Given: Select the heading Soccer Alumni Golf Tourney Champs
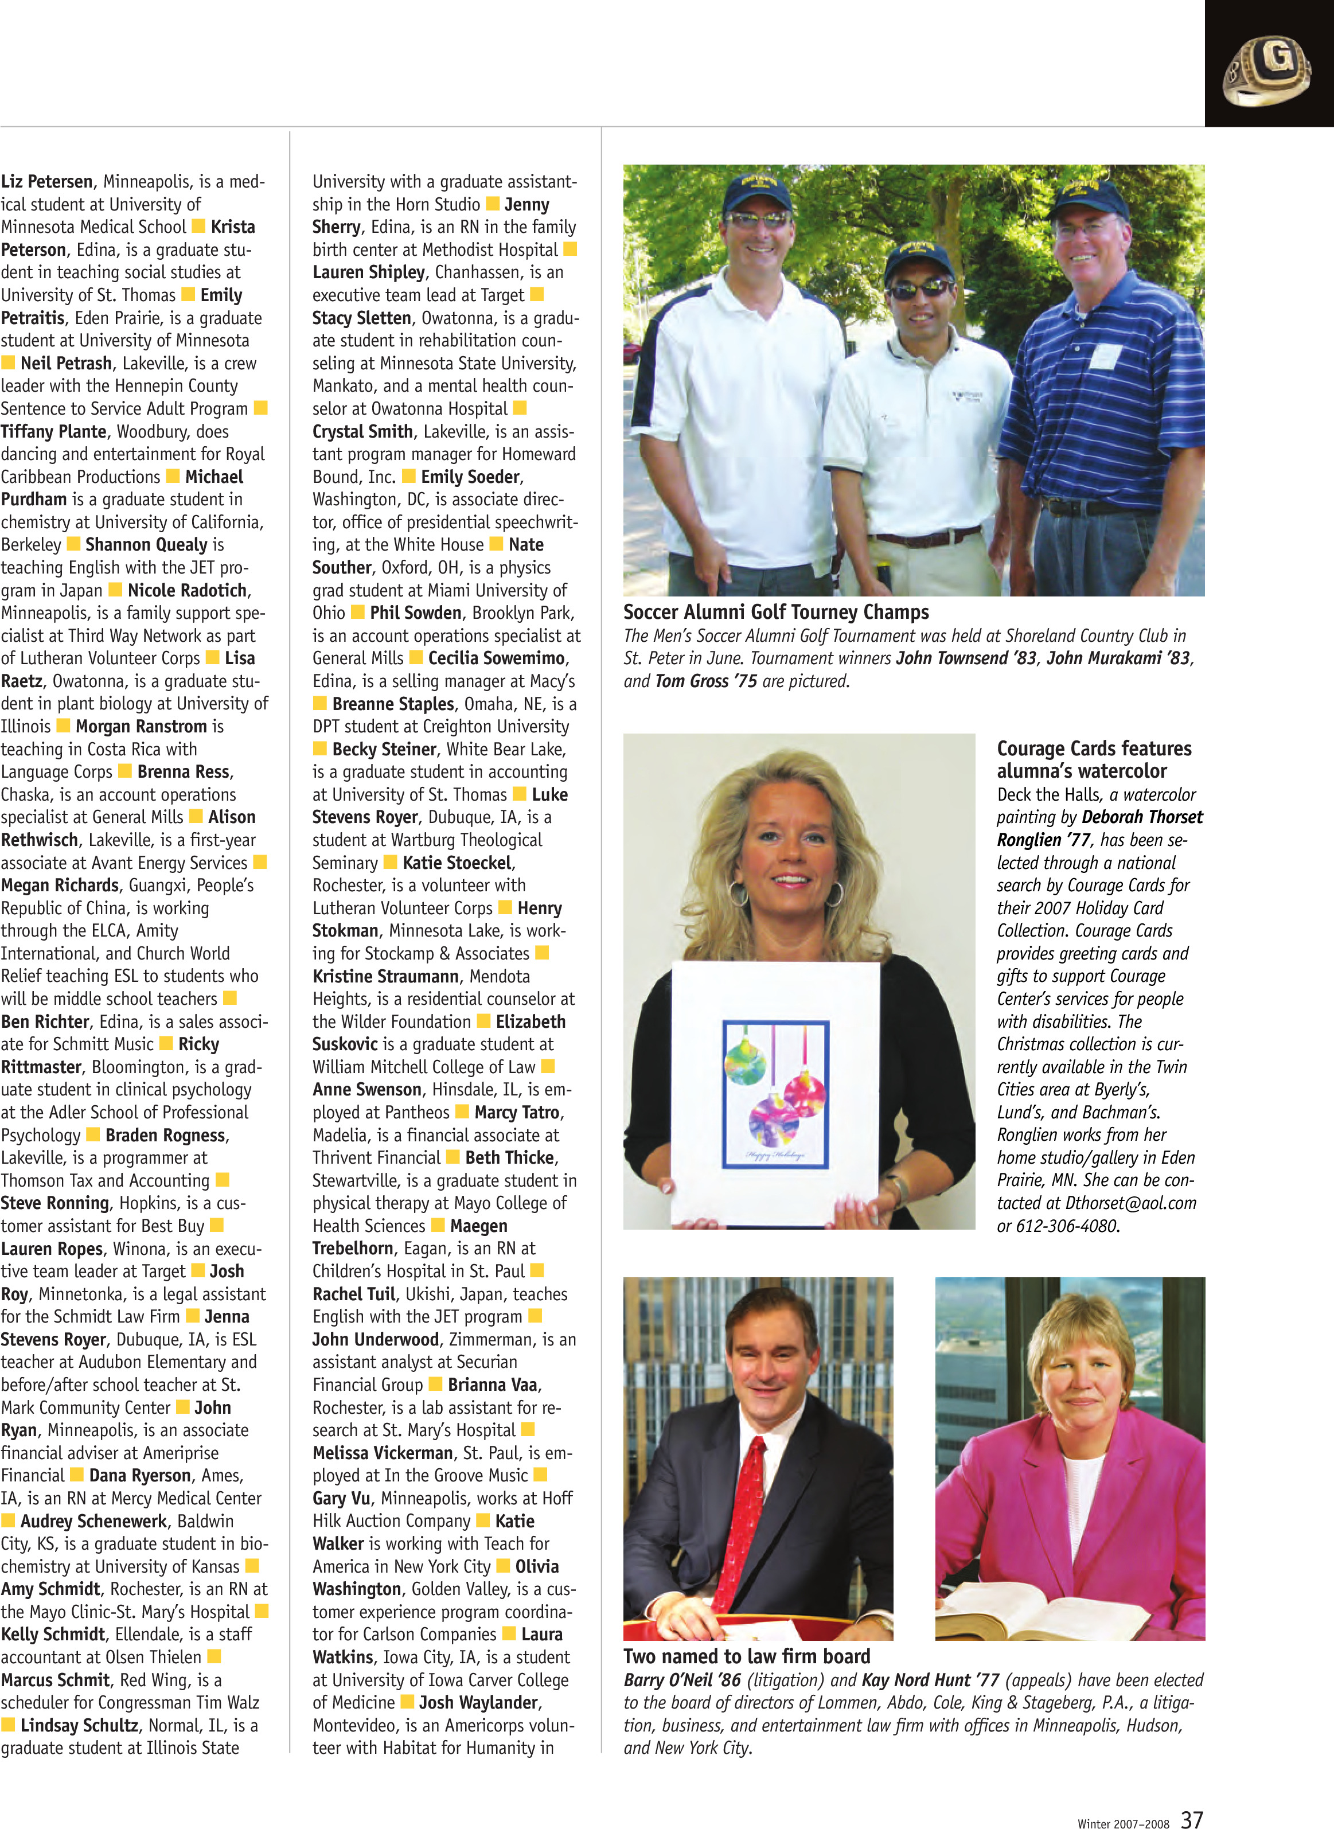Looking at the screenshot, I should click(775, 612).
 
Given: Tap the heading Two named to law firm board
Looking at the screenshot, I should click(746, 1656).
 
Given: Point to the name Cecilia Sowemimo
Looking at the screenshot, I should click(497, 658).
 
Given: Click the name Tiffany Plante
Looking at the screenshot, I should click(53, 431).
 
